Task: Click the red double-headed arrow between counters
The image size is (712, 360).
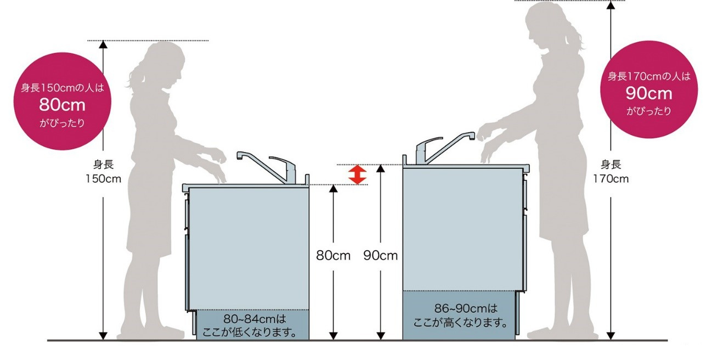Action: coord(357,175)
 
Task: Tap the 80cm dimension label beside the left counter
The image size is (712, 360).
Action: coord(333,255)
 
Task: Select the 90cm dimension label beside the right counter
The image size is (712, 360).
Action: coord(381,255)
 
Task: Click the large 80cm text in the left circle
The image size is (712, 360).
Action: coord(63,105)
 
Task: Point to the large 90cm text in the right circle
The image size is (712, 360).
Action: coord(649,93)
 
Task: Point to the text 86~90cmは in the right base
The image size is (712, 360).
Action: coord(466,308)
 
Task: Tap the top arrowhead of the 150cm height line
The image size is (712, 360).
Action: coord(103,44)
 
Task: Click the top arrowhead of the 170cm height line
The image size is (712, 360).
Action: coord(611,5)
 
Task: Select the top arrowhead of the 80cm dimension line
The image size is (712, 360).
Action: coord(333,189)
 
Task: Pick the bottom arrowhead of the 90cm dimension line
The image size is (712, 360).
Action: coord(381,335)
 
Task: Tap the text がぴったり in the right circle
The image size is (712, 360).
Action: coord(649,111)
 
